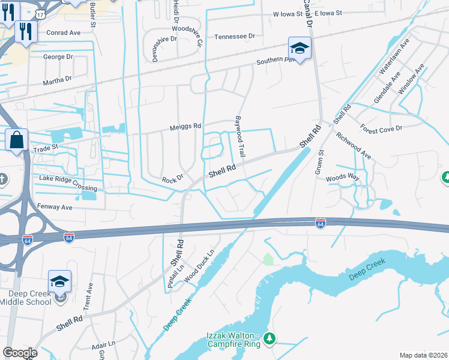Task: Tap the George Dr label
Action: pyautogui.click(x=58, y=56)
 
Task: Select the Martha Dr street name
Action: pyautogui.click(x=56, y=78)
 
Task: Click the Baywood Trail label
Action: pyautogui.click(x=241, y=137)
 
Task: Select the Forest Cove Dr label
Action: pyautogui.click(x=381, y=128)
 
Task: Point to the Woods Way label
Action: pyautogui.click(x=342, y=178)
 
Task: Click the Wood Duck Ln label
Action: pyautogui.click(x=200, y=265)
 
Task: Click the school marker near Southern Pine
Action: pyautogui.click(x=300, y=47)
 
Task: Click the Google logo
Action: pyautogui.click(x=20, y=353)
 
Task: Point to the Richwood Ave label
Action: pyautogui.click(x=353, y=145)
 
